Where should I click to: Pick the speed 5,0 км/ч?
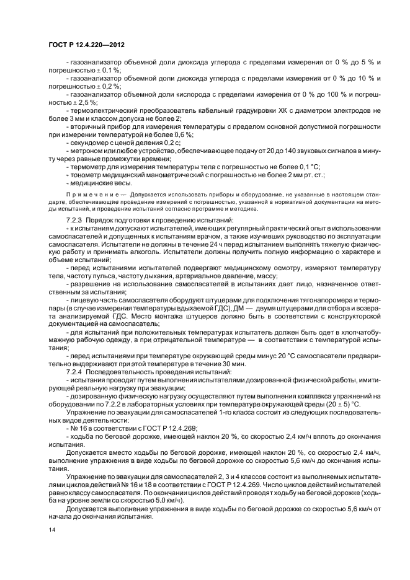click(x=163, y=500)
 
